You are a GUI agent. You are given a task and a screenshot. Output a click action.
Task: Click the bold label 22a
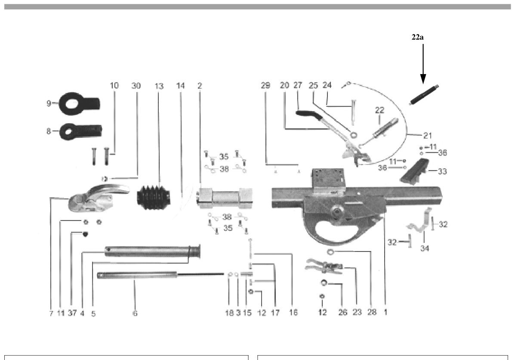pyautogui.click(x=417, y=37)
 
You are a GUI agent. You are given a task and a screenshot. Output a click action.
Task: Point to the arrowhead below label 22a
pyautogui.click(x=423, y=78)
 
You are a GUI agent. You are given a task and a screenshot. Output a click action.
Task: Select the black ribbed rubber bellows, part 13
pyautogui.click(x=154, y=198)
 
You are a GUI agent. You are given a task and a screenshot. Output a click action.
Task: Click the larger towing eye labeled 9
pyautogui.click(x=79, y=103)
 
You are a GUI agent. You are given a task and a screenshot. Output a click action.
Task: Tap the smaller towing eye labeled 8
pyautogui.click(x=80, y=131)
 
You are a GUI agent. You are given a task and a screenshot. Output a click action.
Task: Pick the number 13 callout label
pyautogui.click(x=159, y=86)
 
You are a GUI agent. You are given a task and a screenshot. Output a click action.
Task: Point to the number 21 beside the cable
pyautogui.click(x=427, y=135)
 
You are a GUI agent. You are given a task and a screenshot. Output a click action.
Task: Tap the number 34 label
pyautogui.click(x=425, y=248)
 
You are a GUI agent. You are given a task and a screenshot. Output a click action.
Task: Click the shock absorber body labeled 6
pyautogui.click(x=138, y=275)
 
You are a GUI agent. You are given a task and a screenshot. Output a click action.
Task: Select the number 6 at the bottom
pyautogui.click(x=135, y=313)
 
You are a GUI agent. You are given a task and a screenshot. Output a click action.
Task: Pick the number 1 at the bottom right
pyautogui.click(x=385, y=312)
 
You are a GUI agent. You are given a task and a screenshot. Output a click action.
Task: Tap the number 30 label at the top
pyautogui.click(x=136, y=86)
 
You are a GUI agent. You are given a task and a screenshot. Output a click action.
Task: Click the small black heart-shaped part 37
pyautogui.click(x=85, y=234)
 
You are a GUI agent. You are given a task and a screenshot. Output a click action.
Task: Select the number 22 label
pyautogui.click(x=379, y=110)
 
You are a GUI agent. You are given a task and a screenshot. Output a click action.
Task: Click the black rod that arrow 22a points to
pyautogui.click(x=424, y=95)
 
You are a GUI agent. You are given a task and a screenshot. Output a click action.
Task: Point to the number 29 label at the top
pyautogui.click(x=265, y=86)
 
